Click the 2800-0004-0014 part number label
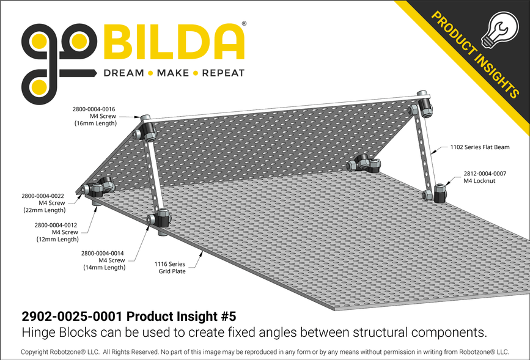coord(103,252)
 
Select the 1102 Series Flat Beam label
coord(479,147)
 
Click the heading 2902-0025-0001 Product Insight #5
coord(128,317)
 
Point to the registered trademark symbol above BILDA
coord(245,24)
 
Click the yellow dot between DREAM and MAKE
coord(149,73)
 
